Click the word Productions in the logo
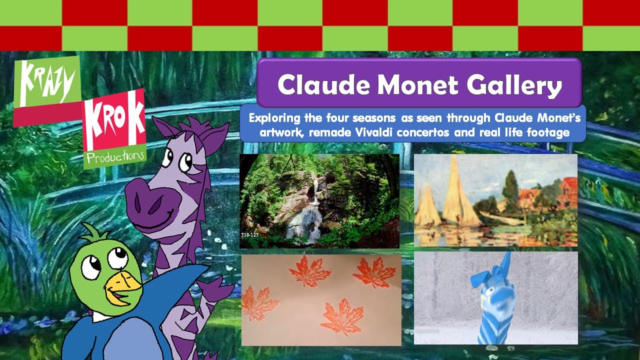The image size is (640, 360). [114, 156]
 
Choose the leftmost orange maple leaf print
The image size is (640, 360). [259, 302]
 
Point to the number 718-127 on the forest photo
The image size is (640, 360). [250, 234]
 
